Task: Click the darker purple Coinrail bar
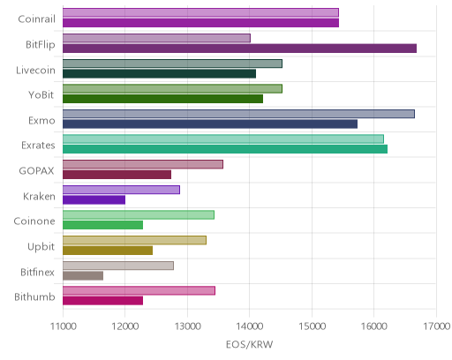[200, 23]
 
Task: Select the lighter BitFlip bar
[156, 38]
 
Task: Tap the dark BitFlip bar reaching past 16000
[239, 49]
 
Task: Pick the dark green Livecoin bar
[159, 73]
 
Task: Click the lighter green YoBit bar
[172, 88]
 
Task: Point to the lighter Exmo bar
[238, 114]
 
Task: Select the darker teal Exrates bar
[225, 149]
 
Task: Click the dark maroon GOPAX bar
[117, 175]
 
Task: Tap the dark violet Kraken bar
[94, 199]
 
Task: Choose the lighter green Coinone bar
[139, 215]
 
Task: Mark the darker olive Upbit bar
[108, 251]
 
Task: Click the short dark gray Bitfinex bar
[83, 275]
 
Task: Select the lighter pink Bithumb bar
[139, 290]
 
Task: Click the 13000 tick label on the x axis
[187, 326]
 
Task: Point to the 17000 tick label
[437, 326]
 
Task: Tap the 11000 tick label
[64, 326]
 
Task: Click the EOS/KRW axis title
[250, 344]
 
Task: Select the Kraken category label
[39, 196]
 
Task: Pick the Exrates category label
[38, 146]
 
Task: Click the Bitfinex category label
[38, 272]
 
